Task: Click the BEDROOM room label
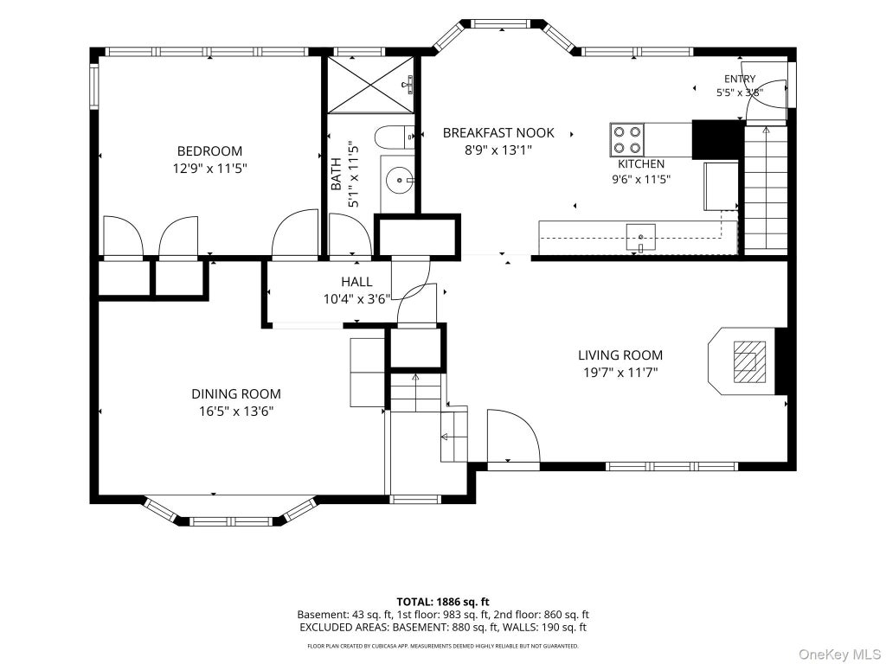coord(209,151)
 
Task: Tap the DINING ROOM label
coord(236,394)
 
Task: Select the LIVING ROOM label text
coord(620,355)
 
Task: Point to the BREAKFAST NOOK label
coord(498,132)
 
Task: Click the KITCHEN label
coord(641,164)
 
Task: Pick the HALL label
coord(356,282)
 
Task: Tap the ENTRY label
coord(740,79)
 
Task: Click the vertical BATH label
coord(337,174)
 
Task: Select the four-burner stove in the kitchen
coord(627,139)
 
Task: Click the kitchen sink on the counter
coord(641,237)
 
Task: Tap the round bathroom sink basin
coord(400,181)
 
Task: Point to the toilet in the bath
coord(395,136)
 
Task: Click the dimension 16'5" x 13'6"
coord(236,412)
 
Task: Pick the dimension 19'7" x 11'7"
coord(620,373)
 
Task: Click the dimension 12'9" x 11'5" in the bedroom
coord(209,169)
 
